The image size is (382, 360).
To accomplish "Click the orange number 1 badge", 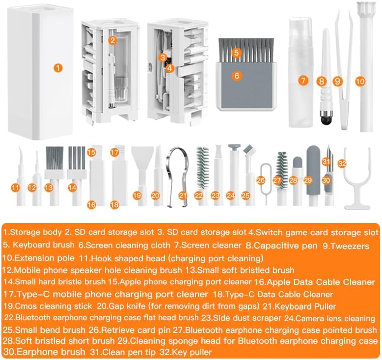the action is click(x=58, y=68).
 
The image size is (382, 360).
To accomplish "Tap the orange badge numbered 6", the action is click(x=237, y=76).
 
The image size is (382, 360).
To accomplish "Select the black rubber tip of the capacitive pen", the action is click(x=325, y=120).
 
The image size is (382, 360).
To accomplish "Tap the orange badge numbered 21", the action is click(x=183, y=195).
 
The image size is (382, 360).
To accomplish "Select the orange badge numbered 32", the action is click(x=342, y=163).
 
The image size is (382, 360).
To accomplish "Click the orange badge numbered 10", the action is click(x=360, y=81).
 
